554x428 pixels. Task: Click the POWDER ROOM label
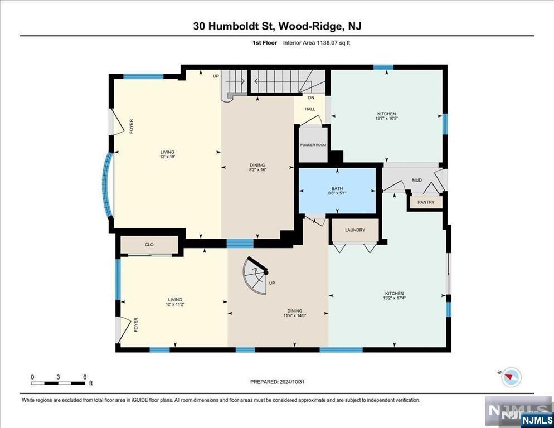(x=313, y=145)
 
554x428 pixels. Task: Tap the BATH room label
(x=337, y=189)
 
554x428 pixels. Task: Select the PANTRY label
(x=426, y=202)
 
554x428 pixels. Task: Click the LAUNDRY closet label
(x=355, y=230)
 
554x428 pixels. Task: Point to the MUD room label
(x=417, y=180)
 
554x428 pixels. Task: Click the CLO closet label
(x=149, y=245)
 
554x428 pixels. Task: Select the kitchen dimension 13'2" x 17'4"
(x=395, y=298)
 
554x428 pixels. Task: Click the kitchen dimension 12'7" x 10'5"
(x=387, y=118)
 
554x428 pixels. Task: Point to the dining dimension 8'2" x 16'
(x=257, y=169)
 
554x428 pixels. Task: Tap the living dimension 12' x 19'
(x=167, y=157)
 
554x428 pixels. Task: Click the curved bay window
(x=106, y=184)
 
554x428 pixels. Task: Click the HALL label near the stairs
(x=310, y=109)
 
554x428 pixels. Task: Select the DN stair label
(x=311, y=98)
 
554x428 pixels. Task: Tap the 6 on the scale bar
(x=85, y=377)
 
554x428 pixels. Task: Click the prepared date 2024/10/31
(x=292, y=382)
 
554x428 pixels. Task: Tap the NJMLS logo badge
(x=537, y=420)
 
